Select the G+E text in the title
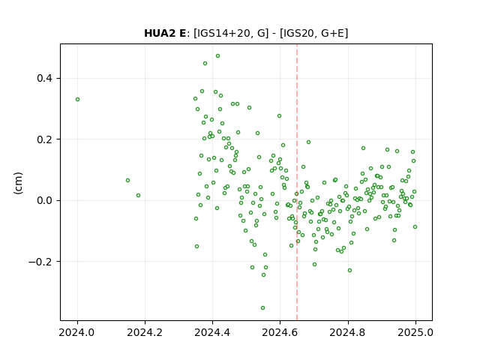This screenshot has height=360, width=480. click(332, 33)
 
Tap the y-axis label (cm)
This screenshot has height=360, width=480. click(18, 183)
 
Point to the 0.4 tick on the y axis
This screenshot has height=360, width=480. click(45, 78)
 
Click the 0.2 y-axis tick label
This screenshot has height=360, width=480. click(45, 139)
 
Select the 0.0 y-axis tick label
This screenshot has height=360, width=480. click(45, 200)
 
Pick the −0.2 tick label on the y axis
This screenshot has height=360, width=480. click(40, 262)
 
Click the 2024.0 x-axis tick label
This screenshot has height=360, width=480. click(77, 332)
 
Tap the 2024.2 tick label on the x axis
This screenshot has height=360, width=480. click(145, 332)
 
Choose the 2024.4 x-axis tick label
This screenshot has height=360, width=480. click(212, 332)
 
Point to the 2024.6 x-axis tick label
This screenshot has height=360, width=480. click(280, 332)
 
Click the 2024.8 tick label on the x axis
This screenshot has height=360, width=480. click(348, 332)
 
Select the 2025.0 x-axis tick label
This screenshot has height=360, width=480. click(415, 332)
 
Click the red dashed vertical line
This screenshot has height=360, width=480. click(297, 182)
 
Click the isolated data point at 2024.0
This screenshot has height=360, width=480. click(77, 100)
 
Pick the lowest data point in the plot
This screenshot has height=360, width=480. click(262, 308)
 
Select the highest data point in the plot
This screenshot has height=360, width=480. click(217, 56)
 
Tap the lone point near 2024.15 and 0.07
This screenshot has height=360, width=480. click(127, 181)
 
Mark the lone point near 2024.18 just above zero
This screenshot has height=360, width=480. click(138, 195)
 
